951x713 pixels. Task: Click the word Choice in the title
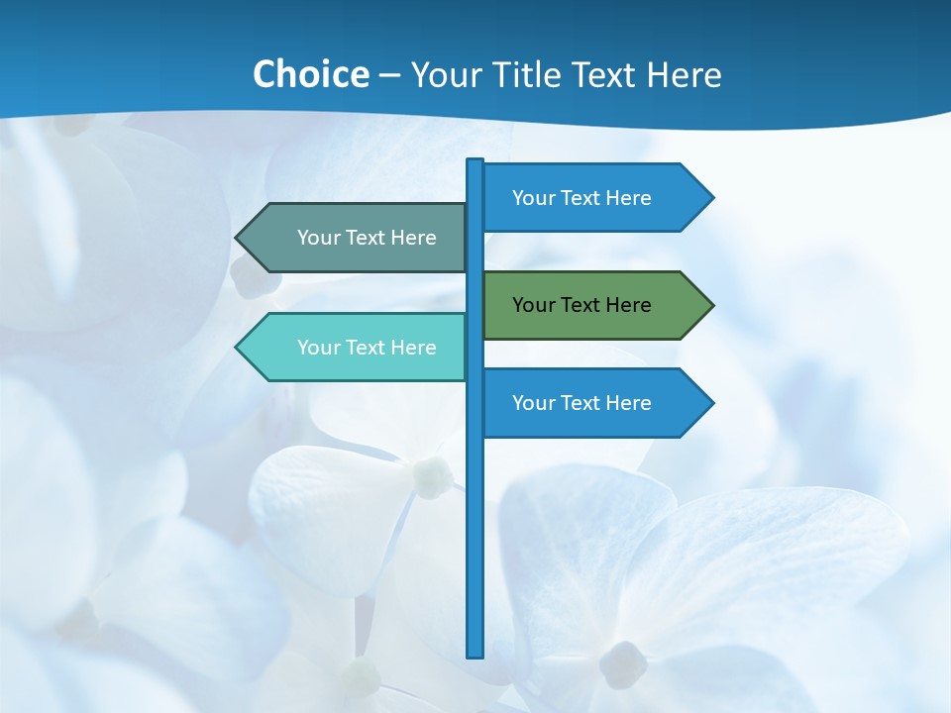tap(310, 74)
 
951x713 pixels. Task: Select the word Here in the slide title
tap(684, 74)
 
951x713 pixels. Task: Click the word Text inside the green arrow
tap(582, 305)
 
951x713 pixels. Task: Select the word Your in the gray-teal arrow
tap(319, 238)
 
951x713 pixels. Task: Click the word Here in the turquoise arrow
tap(413, 348)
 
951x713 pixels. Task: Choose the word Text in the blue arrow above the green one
tap(582, 198)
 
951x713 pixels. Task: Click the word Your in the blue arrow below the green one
tap(534, 403)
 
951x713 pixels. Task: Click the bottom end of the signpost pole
tap(475, 654)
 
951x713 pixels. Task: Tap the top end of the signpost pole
tap(475, 161)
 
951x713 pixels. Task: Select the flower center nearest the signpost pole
tap(433, 476)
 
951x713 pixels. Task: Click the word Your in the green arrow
tap(534, 305)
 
